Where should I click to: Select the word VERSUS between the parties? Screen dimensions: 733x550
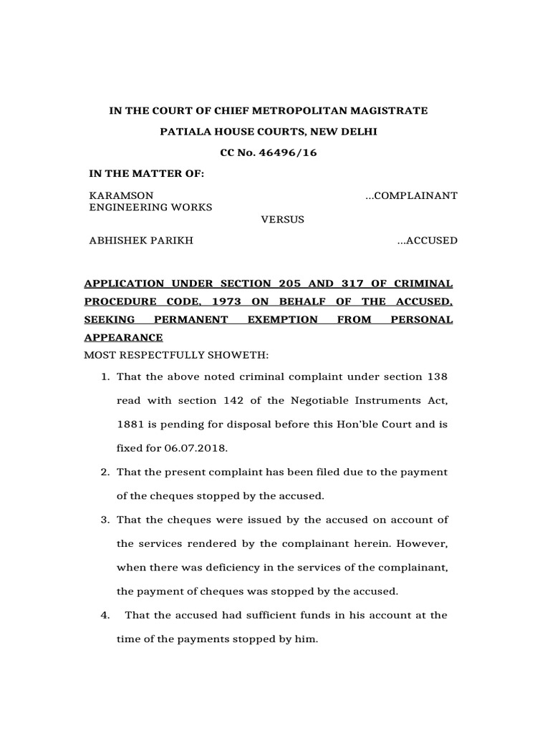pos(282,219)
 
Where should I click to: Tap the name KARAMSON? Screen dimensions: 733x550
pos(120,195)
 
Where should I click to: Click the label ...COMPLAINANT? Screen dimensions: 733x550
pos(411,195)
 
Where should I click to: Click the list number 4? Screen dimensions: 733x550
pos(103,615)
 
